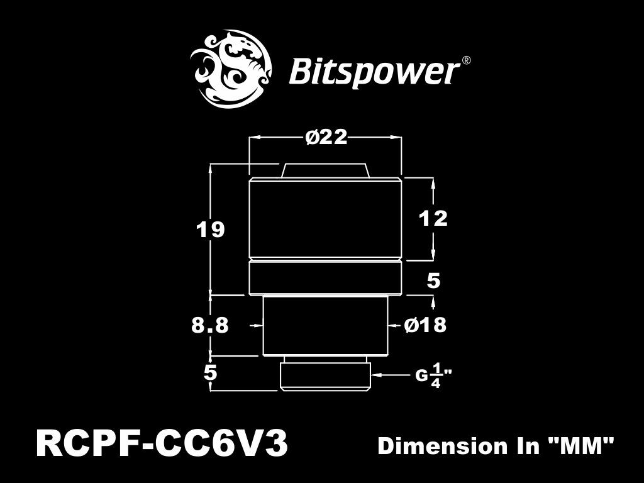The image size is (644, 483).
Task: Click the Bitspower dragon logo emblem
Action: tap(231, 69)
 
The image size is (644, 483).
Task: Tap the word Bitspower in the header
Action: tap(374, 72)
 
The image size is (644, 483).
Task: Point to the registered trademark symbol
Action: tap(466, 60)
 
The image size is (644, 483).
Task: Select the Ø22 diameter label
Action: tap(326, 138)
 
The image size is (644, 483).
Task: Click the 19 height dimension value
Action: tap(211, 230)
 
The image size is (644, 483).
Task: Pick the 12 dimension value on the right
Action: tap(433, 218)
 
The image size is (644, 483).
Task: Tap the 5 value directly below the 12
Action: tap(434, 281)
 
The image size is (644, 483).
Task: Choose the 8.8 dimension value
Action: tap(210, 325)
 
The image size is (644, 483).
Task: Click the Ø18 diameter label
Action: tap(426, 325)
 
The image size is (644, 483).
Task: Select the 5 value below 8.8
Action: tap(210, 372)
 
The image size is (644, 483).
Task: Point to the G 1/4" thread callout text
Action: tap(433, 376)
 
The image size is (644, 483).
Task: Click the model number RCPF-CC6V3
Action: tap(162, 444)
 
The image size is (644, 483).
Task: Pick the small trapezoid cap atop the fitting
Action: tap(325, 170)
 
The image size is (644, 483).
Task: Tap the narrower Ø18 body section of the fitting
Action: tap(325, 325)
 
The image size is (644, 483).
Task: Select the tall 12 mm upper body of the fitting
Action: tap(325, 219)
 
